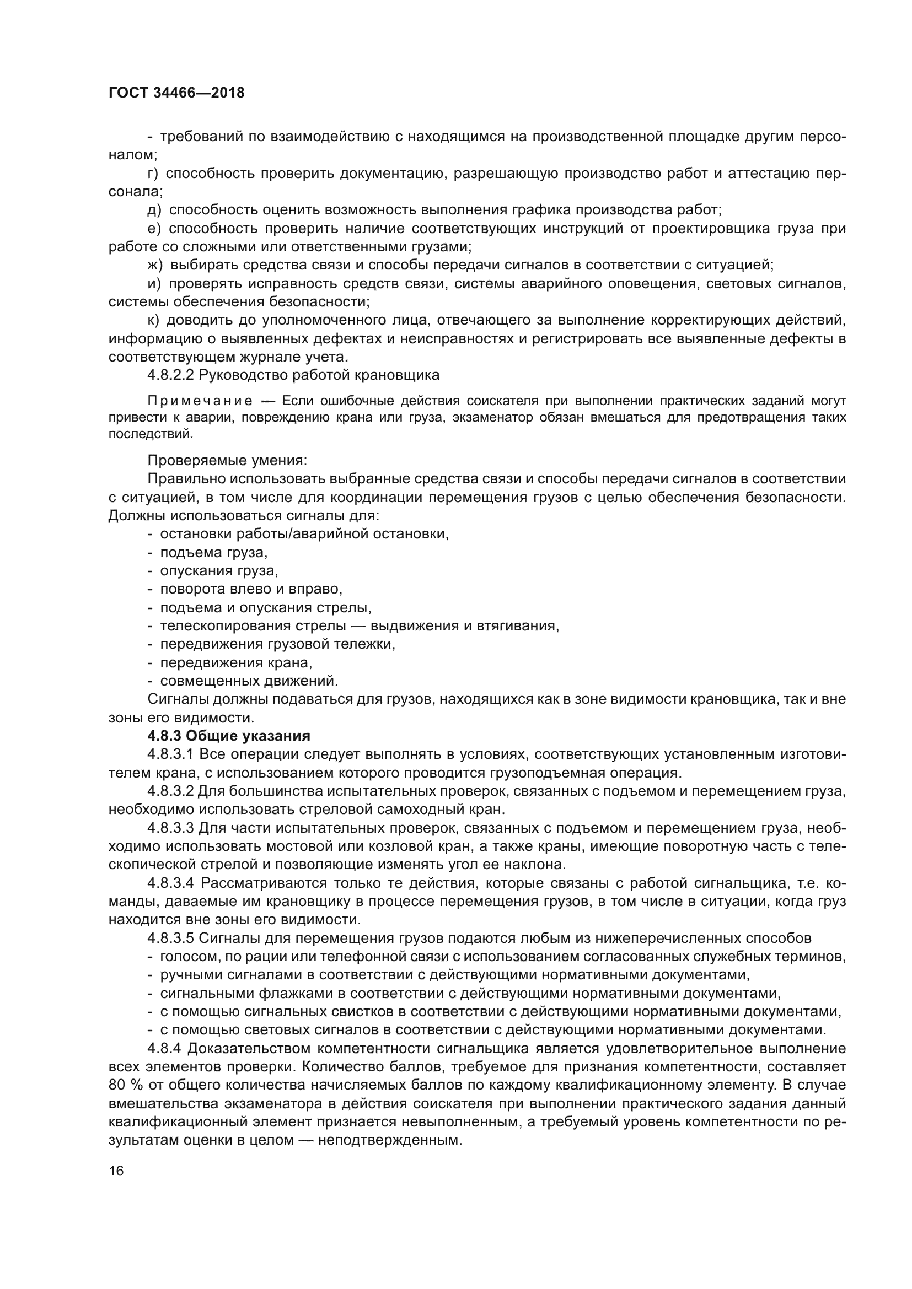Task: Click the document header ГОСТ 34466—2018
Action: pos(176,93)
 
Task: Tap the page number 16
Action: pos(116,1171)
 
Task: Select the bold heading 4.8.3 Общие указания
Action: pos(229,736)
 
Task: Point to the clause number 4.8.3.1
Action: pos(170,754)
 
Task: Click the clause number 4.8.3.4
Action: pos(170,883)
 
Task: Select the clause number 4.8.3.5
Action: pos(170,938)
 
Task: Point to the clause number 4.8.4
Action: pos(164,1049)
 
